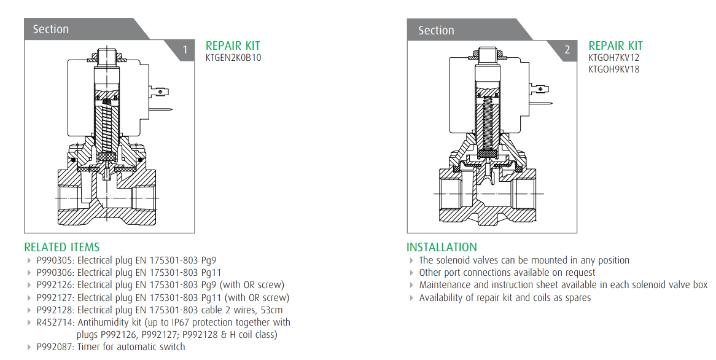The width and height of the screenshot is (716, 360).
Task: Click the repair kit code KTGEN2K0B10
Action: (x=233, y=58)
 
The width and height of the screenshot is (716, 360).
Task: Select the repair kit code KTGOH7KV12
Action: (x=614, y=58)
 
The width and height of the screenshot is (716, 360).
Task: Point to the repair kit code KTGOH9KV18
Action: (x=614, y=69)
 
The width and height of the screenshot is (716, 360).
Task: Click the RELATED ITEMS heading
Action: (x=61, y=247)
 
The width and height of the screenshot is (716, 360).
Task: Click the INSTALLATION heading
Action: (x=442, y=247)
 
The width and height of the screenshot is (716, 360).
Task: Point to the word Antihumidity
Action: (x=104, y=322)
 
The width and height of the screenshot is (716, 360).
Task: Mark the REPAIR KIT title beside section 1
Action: (x=233, y=45)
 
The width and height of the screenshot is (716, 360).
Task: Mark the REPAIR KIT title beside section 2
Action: (x=615, y=45)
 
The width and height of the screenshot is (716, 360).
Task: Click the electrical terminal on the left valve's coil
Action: (x=161, y=93)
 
